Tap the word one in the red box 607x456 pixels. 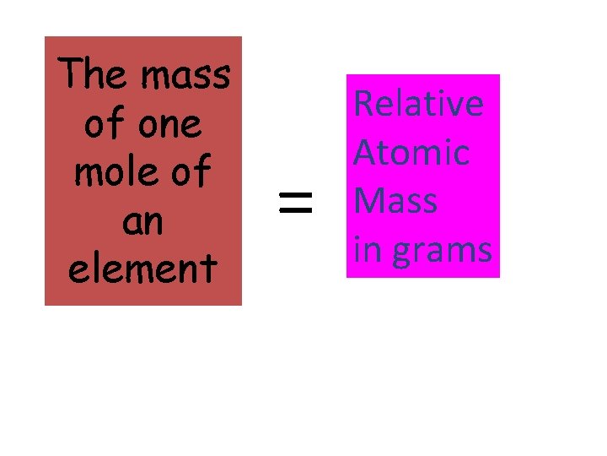click(x=172, y=126)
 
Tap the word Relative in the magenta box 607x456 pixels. click(x=418, y=103)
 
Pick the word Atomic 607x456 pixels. click(x=411, y=153)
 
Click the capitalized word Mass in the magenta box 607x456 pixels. click(x=395, y=201)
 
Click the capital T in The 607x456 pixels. click(x=74, y=74)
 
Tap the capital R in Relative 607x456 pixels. click(x=363, y=103)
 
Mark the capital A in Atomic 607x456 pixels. click(x=364, y=153)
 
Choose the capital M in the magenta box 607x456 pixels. click(x=369, y=201)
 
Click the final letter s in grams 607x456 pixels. click(x=484, y=252)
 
